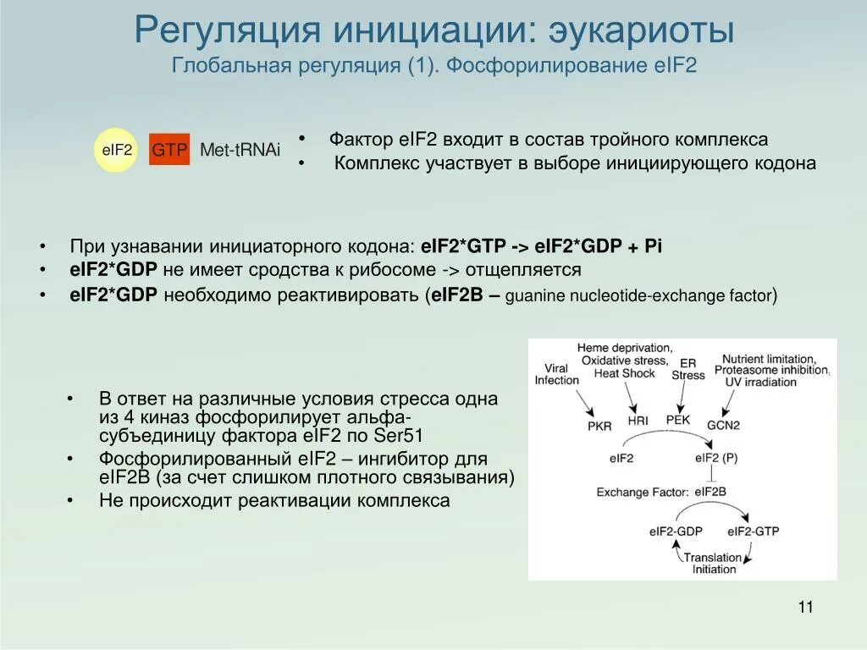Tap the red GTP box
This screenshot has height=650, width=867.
[x=169, y=150]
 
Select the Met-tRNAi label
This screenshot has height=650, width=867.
[x=240, y=151]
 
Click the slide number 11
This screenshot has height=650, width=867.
[x=805, y=607]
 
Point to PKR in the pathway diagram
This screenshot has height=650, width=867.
[x=599, y=426]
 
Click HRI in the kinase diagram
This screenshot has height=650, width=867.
[x=638, y=421]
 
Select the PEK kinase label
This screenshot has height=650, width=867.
[x=678, y=420]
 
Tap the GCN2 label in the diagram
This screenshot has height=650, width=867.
[x=723, y=426]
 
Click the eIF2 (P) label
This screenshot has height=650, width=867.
[x=715, y=458]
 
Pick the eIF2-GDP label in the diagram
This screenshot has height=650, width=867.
[x=676, y=532]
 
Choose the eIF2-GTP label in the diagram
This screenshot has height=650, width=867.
[x=753, y=532]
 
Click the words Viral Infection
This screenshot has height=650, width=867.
[x=556, y=374]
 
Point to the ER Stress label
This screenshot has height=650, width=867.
[x=688, y=369]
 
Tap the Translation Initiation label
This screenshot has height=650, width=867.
[x=713, y=563]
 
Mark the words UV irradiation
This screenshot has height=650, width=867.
[x=760, y=382]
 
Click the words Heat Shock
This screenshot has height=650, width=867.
[x=624, y=373]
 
